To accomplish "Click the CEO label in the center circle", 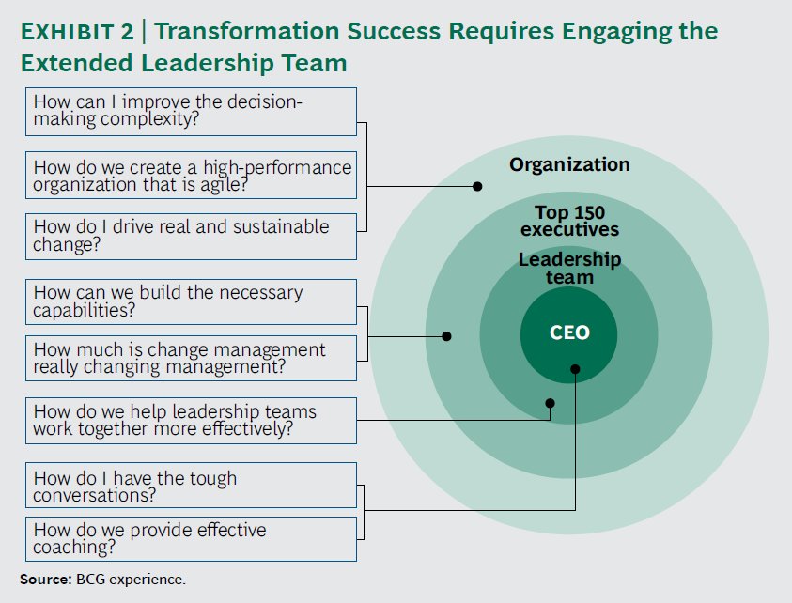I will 568,333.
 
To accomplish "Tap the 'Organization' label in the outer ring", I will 569,164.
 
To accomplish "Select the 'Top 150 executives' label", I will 569,221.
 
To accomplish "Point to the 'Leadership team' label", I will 569,269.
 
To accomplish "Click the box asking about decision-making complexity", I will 191,112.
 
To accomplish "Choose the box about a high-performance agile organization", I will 191,175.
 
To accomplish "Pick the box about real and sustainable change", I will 191,237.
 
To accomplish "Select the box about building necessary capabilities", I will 191,301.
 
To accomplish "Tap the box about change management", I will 191,358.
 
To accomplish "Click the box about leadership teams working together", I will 191,421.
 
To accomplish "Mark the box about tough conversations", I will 191,486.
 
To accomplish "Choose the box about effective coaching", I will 191,539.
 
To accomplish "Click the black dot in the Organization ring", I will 477,186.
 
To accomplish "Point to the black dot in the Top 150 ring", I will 447,335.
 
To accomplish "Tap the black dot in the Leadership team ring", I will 551,403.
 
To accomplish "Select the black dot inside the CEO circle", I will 574,370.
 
